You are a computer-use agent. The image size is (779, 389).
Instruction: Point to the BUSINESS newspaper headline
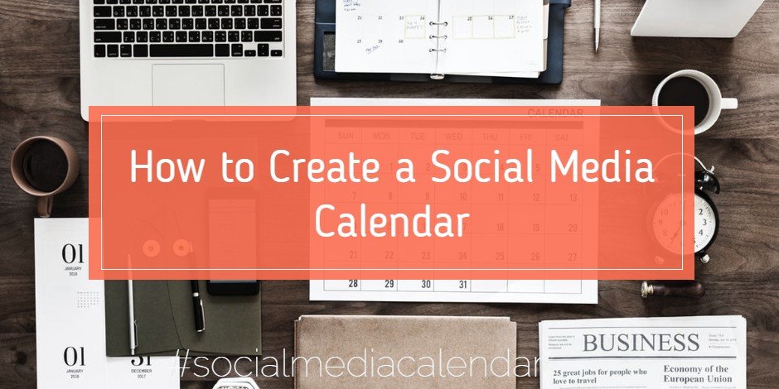[x=640, y=342]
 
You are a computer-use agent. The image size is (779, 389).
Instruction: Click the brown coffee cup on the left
[x=45, y=166]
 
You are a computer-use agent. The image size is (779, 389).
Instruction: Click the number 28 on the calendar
[x=353, y=284]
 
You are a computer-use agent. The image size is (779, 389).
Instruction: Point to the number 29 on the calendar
[x=389, y=284]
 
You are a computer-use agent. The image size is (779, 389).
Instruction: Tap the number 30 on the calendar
[x=426, y=284]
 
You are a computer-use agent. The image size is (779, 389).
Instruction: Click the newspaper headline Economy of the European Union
[x=695, y=374]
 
